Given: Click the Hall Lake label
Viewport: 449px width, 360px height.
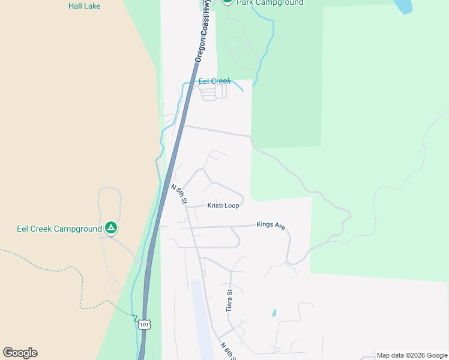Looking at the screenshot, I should pos(84,6).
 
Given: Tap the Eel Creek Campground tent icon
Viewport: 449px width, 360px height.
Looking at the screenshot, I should pos(110,228).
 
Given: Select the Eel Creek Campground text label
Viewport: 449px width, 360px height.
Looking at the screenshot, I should pos(59,229).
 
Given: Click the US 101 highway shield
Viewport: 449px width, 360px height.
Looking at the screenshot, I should pos(144,324).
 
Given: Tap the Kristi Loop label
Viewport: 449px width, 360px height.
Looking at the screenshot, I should pos(223,206).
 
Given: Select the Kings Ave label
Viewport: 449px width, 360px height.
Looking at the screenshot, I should pos(271,225).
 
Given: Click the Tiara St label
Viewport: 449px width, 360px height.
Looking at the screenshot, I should pos(229,300).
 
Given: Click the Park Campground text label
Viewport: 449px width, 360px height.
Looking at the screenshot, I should pos(270,3).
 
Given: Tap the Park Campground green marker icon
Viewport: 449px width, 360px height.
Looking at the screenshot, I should pos(227,2).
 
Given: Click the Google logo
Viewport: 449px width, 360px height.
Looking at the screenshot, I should pos(20,353).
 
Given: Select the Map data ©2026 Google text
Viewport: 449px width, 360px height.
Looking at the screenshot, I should pos(412,355).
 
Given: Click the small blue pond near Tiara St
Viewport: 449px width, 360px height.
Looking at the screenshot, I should pos(274,313).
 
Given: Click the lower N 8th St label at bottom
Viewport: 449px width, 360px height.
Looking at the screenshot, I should pos(226,351).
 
